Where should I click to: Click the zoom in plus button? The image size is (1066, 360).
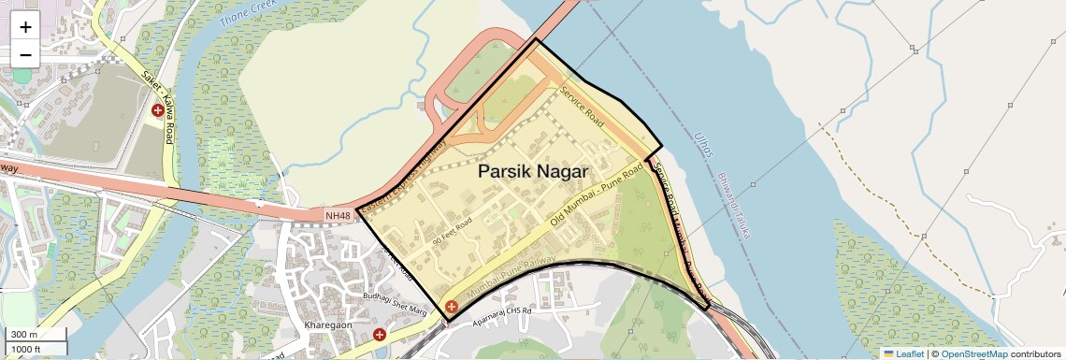25,26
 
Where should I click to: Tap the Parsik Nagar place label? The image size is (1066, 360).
533,172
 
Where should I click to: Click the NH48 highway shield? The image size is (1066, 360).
339,216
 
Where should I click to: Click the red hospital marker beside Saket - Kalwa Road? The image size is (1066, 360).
158,110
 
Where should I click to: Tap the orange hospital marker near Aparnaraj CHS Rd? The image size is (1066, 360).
452,307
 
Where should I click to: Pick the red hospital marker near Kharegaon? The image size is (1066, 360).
379,334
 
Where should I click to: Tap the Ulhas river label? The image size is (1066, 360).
702,144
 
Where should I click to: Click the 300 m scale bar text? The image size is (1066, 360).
24,335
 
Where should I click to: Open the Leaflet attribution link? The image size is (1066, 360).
905,353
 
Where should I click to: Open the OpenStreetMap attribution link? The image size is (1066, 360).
973,353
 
